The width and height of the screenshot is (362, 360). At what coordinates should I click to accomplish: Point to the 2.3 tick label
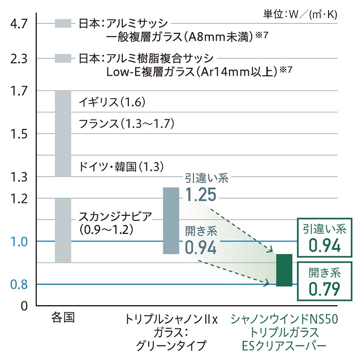click(x=19, y=58)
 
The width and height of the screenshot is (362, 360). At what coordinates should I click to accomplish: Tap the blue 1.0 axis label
click(x=19, y=241)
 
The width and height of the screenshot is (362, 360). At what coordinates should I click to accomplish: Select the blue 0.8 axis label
click(x=19, y=284)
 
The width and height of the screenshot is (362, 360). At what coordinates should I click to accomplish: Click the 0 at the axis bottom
click(x=24, y=306)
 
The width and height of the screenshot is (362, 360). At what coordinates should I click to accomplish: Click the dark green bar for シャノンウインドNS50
click(x=284, y=270)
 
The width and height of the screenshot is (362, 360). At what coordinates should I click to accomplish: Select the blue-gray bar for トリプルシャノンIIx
click(x=171, y=220)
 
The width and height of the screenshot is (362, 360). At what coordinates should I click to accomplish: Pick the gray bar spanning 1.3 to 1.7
click(x=63, y=133)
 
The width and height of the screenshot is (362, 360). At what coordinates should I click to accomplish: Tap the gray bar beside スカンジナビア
click(x=63, y=230)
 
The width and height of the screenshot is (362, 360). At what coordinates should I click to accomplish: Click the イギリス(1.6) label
click(x=113, y=102)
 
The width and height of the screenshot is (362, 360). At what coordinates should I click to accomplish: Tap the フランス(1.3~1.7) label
click(x=126, y=123)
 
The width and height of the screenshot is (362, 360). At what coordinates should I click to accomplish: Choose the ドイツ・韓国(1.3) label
click(x=122, y=167)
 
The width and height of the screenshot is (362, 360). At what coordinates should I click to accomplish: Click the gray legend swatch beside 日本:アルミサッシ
click(x=63, y=23)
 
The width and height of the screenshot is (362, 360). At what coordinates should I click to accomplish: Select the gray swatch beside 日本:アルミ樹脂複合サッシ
click(x=63, y=58)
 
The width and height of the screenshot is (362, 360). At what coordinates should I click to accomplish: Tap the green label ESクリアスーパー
click(x=284, y=344)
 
